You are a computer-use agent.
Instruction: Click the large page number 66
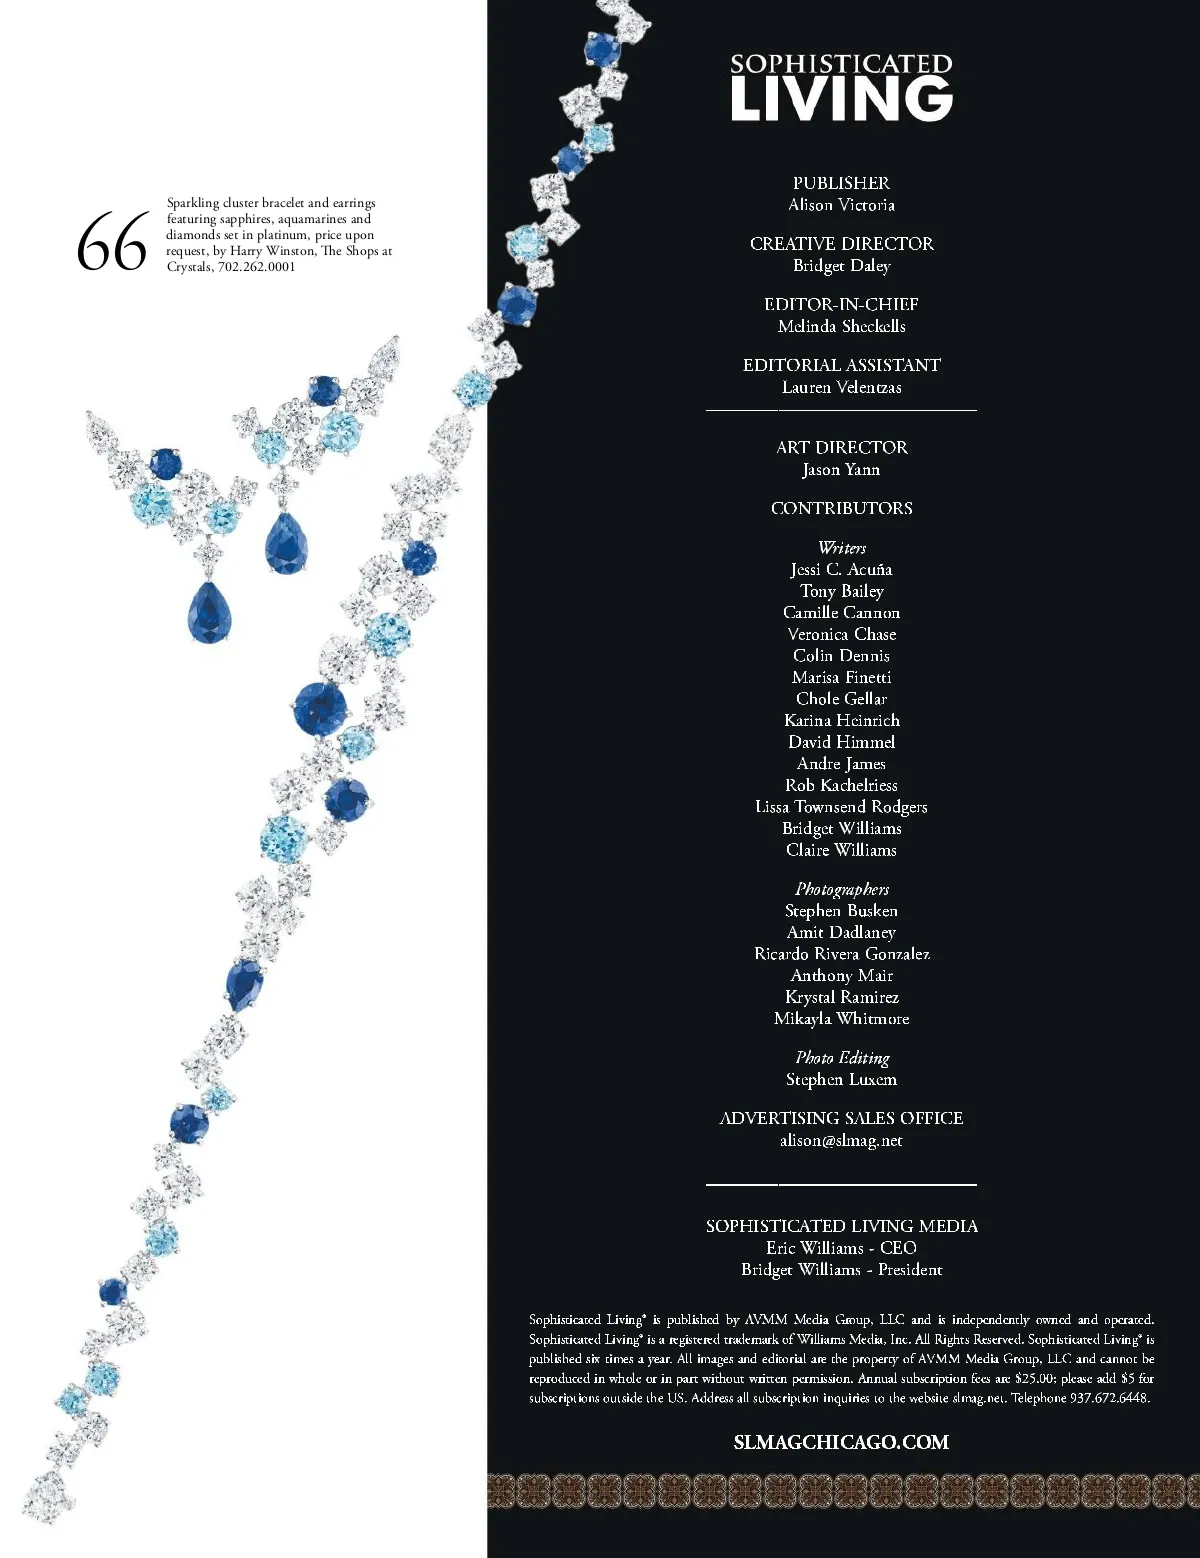click(111, 243)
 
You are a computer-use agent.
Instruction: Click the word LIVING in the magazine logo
click(841, 100)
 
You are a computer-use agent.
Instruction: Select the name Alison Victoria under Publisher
click(841, 205)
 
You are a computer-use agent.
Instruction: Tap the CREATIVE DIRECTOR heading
click(841, 244)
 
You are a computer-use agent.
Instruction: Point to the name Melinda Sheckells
click(841, 326)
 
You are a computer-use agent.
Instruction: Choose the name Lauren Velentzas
click(841, 387)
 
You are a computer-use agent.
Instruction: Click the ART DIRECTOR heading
click(841, 447)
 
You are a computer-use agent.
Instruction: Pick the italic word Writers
click(841, 547)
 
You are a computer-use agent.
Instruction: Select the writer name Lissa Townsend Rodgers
click(841, 807)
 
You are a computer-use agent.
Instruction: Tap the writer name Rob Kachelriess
click(841, 785)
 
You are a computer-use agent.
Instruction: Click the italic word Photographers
click(841, 889)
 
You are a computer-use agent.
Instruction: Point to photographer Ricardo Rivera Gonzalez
click(841, 954)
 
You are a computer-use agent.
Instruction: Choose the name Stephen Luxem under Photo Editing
click(841, 1079)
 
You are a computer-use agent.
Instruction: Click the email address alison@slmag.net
click(841, 1140)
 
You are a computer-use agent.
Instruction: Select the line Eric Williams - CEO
click(841, 1248)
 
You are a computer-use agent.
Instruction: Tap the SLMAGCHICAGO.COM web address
click(841, 1442)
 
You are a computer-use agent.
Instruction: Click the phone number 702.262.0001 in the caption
click(256, 267)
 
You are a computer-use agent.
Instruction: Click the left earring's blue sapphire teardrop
click(209, 611)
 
